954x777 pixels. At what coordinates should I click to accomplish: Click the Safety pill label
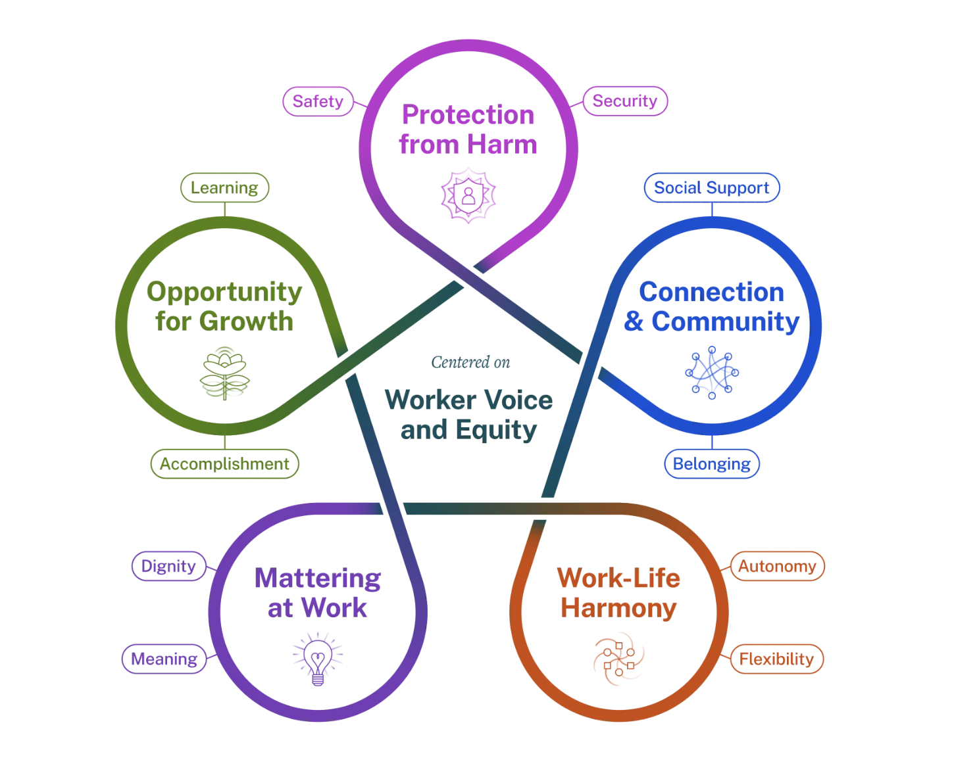coord(318,101)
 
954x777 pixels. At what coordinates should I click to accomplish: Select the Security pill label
coord(625,101)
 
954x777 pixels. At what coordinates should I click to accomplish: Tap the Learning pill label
coord(224,188)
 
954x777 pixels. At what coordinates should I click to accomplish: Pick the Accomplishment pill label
coord(224,464)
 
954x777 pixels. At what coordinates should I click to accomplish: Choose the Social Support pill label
coord(711,188)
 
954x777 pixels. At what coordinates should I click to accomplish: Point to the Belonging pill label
coord(711,464)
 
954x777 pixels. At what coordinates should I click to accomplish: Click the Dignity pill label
coord(168,566)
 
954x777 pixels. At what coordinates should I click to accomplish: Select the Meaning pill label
coord(164,659)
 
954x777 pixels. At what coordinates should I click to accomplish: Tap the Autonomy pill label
coord(777,566)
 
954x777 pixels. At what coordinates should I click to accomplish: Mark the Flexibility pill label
coord(776,659)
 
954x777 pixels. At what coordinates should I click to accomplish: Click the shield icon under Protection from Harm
coord(468,195)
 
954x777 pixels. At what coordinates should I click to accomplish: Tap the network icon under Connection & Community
coord(712,373)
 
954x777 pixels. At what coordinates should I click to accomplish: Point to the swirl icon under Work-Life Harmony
coord(619,659)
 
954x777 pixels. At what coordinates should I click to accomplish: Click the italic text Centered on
coord(470,362)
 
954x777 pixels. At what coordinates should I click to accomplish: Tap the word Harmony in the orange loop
coord(618,608)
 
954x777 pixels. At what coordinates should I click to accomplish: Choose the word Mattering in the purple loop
coord(318,578)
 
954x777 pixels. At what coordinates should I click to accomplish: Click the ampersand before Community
coord(634,321)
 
